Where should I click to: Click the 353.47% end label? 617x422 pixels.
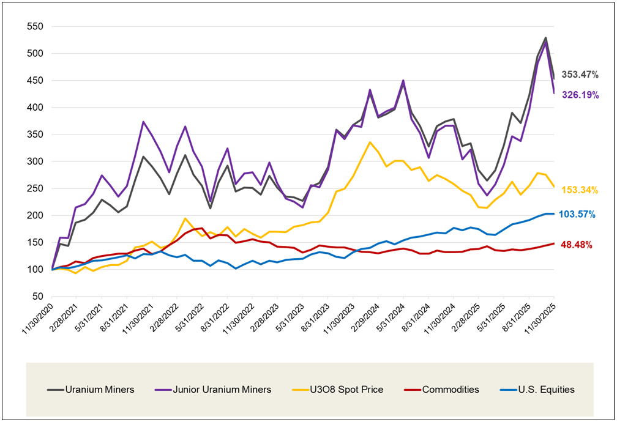pyautogui.click(x=578, y=75)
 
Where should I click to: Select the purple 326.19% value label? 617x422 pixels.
pyautogui.click(x=578, y=95)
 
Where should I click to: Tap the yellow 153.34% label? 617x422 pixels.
pyautogui.click(x=578, y=190)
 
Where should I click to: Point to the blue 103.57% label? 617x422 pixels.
pyautogui.click(x=578, y=215)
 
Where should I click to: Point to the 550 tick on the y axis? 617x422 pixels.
pyautogui.click(x=36, y=27)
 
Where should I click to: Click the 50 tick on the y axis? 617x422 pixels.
pyautogui.click(x=38, y=297)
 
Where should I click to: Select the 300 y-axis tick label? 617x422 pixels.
pyautogui.click(x=36, y=161)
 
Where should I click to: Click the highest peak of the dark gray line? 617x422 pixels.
pyautogui.click(x=545, y=38)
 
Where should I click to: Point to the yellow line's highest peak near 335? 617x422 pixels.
pyautogui.click(x=370, y=143)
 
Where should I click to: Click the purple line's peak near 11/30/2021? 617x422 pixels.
pyautogui.click(x=143, y=122)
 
